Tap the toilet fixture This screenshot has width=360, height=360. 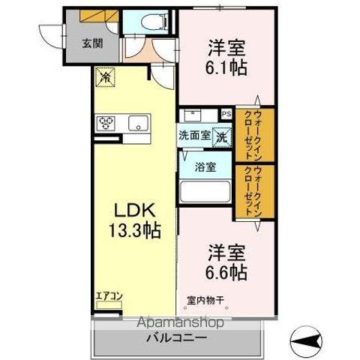(149, 22)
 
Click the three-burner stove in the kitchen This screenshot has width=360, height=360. (106, 122)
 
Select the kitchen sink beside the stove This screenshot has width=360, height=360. (138, 123)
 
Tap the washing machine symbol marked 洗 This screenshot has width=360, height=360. (222, 136)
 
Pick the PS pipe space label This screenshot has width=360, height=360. (226, 115)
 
